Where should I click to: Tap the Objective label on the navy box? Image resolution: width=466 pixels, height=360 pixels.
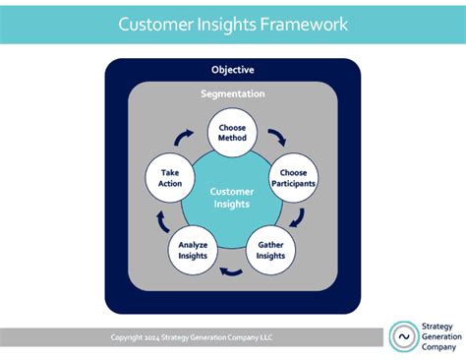coord(232,70)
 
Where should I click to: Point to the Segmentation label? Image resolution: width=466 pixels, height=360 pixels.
coord(232,94)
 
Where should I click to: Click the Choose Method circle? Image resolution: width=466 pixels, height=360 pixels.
coord(232,132)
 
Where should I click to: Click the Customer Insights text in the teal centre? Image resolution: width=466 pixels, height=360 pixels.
coord(232,198)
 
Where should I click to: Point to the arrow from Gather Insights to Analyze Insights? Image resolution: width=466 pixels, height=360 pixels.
coord(232,272)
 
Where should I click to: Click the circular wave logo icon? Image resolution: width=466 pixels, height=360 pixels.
coord(404,336)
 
